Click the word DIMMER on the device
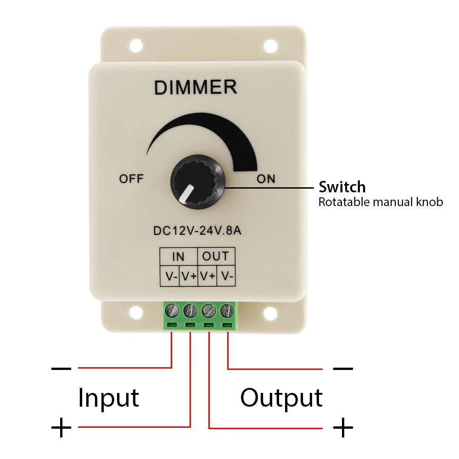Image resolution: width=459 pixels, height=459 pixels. point(196,87)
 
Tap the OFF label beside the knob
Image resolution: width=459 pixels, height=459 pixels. point(131,179)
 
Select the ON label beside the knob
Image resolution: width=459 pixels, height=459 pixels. point(266,179)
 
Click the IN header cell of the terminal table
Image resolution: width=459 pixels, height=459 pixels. point(178,256)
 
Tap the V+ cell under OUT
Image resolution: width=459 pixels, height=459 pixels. point(207,276)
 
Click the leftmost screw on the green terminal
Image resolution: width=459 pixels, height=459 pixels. point(172,311)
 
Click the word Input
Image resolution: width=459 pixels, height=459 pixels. point(108,397)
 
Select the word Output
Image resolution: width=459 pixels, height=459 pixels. point(281,397)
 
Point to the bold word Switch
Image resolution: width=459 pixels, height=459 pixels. point(342,187)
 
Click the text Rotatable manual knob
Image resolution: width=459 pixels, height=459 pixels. point(381,202)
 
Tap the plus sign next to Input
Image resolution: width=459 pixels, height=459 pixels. point(61,428)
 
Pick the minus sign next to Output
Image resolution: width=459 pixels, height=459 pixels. point(342,368)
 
